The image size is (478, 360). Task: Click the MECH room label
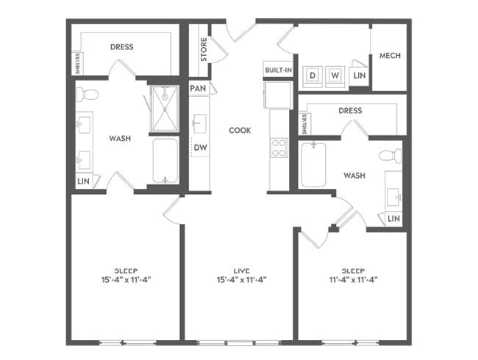point(389,57)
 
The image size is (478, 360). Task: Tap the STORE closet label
point(203,49)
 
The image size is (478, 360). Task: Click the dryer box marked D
point(313,75)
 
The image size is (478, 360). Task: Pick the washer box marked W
point(335,75)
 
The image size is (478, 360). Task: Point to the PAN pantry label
point(198,88)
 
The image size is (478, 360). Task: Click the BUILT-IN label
point(278,71)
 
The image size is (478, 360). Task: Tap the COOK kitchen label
point(240,130)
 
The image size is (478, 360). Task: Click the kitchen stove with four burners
point(280,148)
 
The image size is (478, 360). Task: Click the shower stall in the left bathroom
point(165,108)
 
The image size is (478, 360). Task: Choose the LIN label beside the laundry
point(360,75)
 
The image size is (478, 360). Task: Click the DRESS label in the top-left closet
point(122,47)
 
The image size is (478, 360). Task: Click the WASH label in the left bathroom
point(120,138)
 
